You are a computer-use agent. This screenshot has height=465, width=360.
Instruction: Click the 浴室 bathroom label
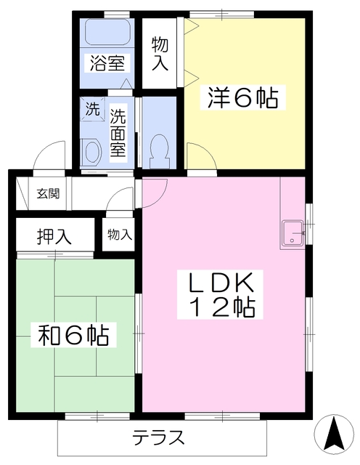pyautogui.click(x=106, y=63)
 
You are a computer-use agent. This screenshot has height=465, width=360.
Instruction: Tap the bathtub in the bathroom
pyautogui.click(x=106, y=33)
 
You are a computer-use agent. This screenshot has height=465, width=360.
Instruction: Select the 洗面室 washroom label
pyautogui.click(x=118, y=135)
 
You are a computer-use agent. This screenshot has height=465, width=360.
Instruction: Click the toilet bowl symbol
pyautogui.click(x=157, y=150)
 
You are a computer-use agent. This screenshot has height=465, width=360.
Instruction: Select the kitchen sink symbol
pyautogui.click(x=293, y=232)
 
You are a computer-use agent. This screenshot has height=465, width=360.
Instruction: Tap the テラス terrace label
pyautogui.click(x=158, y=438)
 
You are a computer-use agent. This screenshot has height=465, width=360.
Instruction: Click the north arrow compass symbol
pyautogui.click(x=334, y=434)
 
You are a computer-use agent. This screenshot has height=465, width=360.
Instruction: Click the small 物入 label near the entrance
pyautogui.click(x=119, y=235)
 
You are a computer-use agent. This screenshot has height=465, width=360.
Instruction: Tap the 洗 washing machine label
pyautogui.click(x=92, y=111)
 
